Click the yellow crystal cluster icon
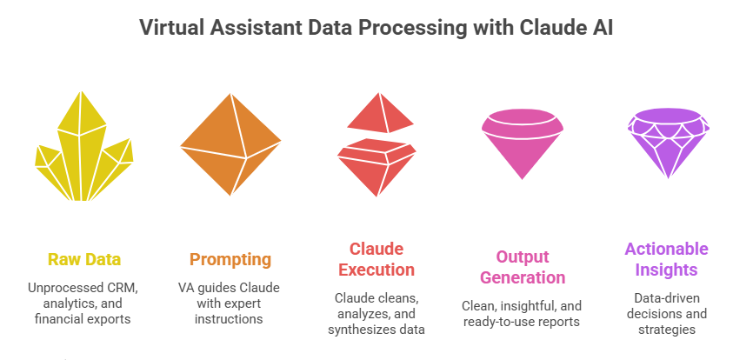pyautogui.click(x=84, y=146)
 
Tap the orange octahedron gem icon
pyautogui.click(x=230, y=144)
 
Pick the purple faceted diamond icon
pyautogui.click(x=668, y=143)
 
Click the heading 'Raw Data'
pyautogui.click(x=84, y=260)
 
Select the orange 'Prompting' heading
pyautogui.click(x=230, y=260)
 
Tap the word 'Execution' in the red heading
pyautogui.click(x=376, y=270)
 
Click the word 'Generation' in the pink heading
pyautogui.click(x=523, y=277)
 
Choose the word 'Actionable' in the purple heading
pyautogui.click(x=667, y=249)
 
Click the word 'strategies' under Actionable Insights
pyautogui.click(x=666, y=330)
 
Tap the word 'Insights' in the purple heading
pyautogui.click(x=667, y=270)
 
